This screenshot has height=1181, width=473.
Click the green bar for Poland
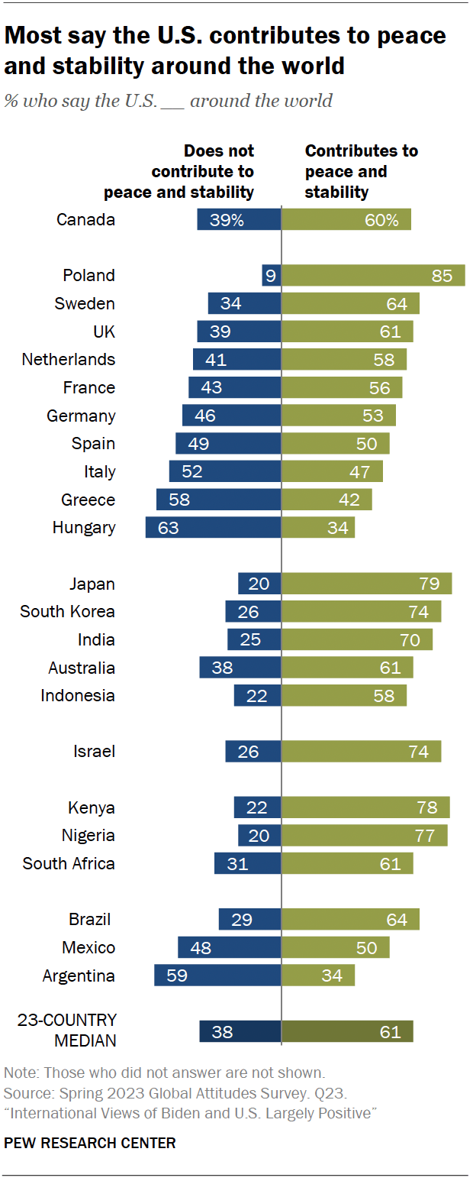click(x=373, y=276)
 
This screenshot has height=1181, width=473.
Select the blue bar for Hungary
click(x=213, y=528)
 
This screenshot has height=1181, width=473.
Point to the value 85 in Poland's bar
click(x=442, y=276)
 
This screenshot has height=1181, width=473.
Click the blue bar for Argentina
click(x=217, y=976)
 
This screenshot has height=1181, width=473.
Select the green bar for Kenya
click(x=365, y=807)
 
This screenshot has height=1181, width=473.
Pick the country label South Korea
click(x=68, y=612)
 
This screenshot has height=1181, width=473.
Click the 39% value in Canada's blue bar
click(x=227, y=220)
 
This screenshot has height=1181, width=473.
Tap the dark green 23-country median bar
click(x=347, y=1031)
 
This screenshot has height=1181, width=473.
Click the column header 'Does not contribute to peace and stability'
click(x=179, y=172)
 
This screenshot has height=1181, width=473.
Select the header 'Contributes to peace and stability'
click(x=361, y=172)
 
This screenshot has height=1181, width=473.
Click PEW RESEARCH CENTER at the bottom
click(x=90, y=1143)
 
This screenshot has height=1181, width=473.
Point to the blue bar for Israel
click(x=253, y=752)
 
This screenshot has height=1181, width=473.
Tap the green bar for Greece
click(x=327, y=500)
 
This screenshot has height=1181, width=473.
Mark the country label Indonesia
click(x=78, y=696)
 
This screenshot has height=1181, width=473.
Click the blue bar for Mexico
click(x=230, y=947)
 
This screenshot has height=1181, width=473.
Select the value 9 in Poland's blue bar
click(x=269, y=276)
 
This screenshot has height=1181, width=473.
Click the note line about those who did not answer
click(x=165, y=1072)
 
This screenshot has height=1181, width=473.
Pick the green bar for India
click(x=357, y=639)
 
